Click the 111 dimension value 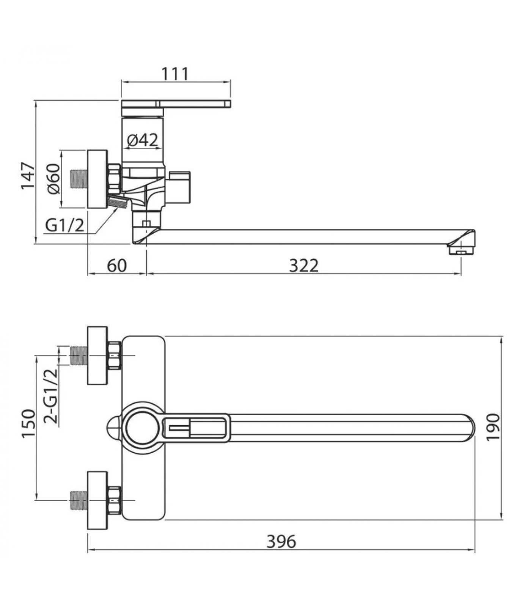[175, 74]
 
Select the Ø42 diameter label [142, 140]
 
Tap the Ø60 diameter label [53, 179]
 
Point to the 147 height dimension [27, 176]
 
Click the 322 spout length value [303, 266]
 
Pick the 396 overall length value [281, 541]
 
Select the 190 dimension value [493, 427]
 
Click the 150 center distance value [28, 424]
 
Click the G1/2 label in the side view [64, 226]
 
